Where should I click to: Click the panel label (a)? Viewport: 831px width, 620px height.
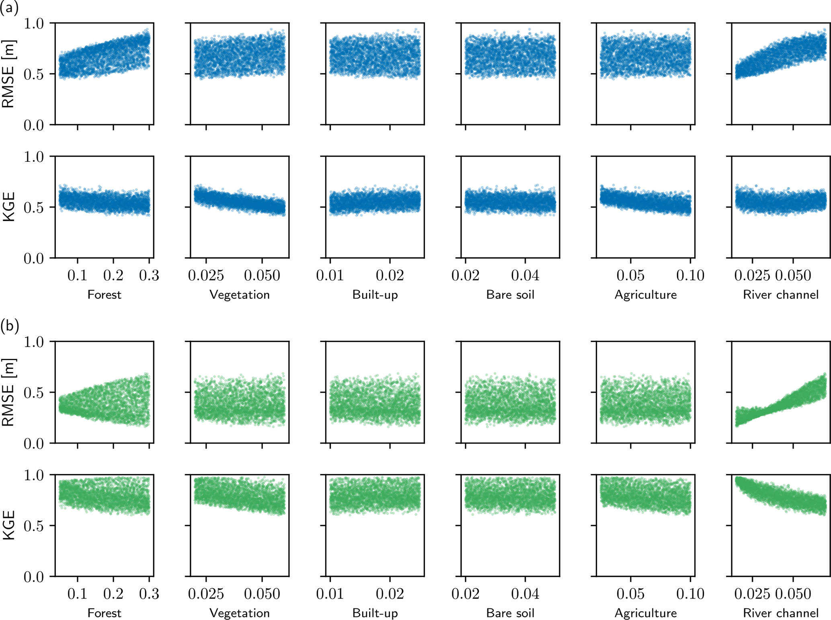[9, 8]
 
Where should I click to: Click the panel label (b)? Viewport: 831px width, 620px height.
[10, 325]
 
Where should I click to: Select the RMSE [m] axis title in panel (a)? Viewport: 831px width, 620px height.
[8, 74]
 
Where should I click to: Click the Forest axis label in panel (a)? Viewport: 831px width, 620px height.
[104, 295]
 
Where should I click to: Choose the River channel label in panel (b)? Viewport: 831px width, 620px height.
[780, 613]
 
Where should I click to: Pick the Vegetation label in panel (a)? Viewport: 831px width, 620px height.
[240, 295]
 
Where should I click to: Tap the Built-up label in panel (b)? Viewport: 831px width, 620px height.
[375, 613]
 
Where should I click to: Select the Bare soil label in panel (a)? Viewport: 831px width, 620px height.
[510, 295]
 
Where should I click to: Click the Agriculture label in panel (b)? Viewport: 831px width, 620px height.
[646, 613]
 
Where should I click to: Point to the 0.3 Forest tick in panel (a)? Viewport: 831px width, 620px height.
[149, 276]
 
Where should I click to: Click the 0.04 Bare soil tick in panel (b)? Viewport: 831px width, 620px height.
[525, 594]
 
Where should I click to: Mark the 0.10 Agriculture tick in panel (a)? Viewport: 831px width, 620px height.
[690, 276]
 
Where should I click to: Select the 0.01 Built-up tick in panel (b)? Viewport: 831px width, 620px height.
[330, 594]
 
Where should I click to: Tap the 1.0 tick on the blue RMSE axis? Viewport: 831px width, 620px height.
[34, 23]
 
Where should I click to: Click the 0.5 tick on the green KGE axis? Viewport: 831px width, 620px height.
[34, 526]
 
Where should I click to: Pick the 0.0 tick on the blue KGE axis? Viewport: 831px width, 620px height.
[34, 258]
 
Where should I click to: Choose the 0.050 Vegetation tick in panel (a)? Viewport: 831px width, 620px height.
[262, 276]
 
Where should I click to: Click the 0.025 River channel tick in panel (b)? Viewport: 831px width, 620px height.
[752, 594]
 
